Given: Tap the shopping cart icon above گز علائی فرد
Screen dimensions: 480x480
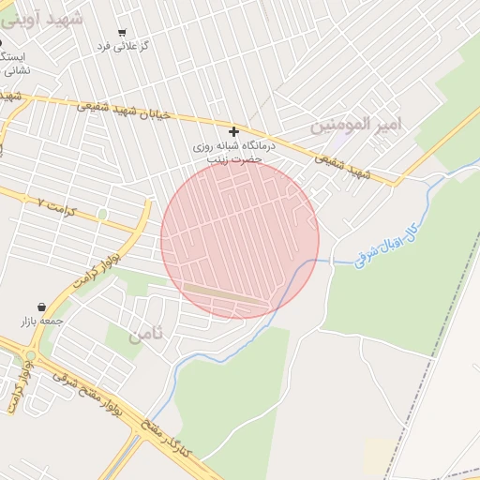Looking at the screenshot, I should (122, 32).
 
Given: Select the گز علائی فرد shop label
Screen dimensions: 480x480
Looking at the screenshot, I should (125, 45).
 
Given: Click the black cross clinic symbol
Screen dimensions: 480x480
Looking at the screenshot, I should (233, 131).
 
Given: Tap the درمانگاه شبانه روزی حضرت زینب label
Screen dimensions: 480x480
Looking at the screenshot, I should (225, 153).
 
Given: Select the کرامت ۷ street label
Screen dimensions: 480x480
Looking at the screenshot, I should (56, 202).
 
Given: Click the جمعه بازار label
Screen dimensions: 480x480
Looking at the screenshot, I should (42, 322).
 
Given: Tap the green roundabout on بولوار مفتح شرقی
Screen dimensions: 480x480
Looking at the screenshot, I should (30, 355).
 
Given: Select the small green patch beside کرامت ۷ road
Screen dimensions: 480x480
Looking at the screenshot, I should (102, 215).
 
